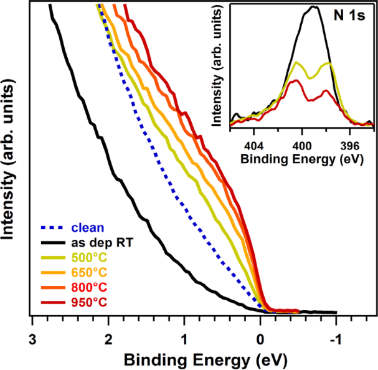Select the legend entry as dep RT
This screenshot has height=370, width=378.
(x=103, y=242)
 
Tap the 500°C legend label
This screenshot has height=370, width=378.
(x=89, y=257)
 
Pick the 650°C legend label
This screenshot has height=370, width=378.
(x=89, y=272)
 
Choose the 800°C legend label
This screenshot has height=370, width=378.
(x=89, y=287)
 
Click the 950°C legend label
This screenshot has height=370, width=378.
(x=89, y=302)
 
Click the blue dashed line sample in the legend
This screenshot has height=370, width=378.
(x=53, y=227)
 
